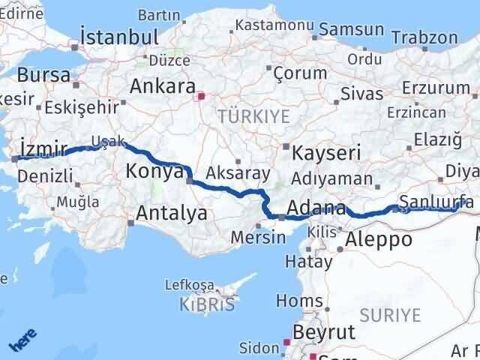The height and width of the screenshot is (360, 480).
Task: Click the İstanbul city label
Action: pyautogui.click(x=121, y=37)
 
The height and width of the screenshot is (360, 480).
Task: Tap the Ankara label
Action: pyautogui.click(x=163, y=85)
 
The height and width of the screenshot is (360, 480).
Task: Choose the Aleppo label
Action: pyautogui.click(x=379, y=240)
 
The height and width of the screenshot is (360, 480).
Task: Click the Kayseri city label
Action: pyautogui.click(x=326, y=153)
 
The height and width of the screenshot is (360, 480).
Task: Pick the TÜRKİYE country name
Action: pyautogui.click(x=243, y=116)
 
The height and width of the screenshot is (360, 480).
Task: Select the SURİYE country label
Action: pyautogui.click(x=390, y=315)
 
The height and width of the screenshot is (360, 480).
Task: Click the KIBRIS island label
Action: pyautogui.click(x=207, y=305)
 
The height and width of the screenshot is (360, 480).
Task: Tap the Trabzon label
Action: pyautogui.click(x=424, y=37)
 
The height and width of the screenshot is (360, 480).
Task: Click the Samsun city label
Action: pyautogui.click(x=352, y=31)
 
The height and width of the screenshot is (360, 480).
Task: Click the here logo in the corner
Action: pyautogui.click(x=22, y=340)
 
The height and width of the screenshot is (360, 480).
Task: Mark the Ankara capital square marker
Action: pyautogui.click(x=199, y=96)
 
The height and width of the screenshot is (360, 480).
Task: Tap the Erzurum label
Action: pyautogui.click(x=436, y=88)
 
